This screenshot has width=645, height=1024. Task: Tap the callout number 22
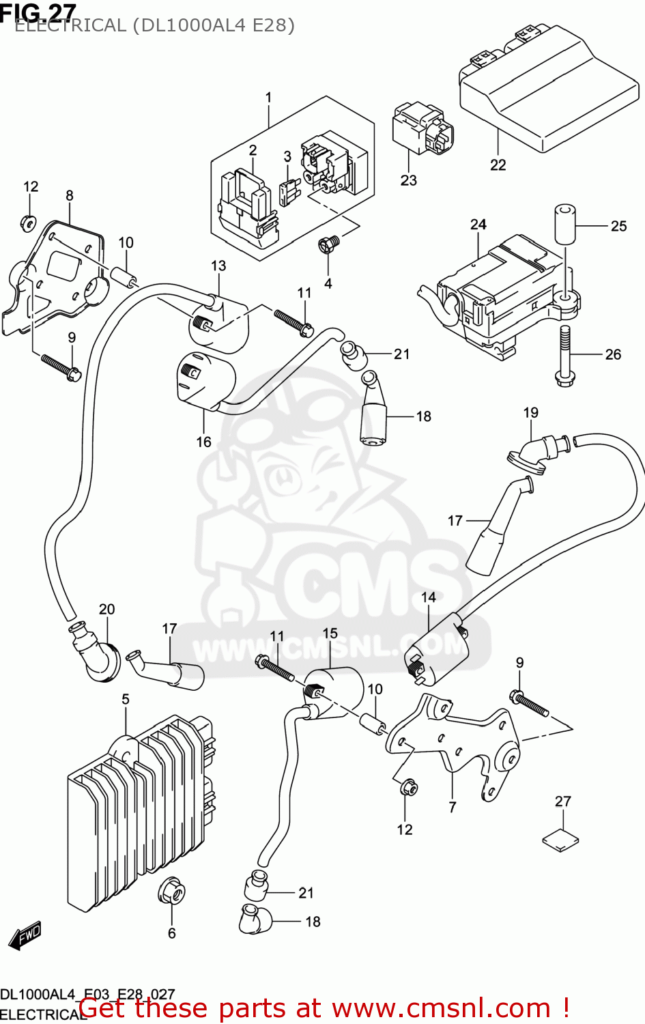[x=498, y=165]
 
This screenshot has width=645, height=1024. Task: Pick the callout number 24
[x=478, y=224]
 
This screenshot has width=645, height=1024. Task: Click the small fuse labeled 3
[x=289, y=193]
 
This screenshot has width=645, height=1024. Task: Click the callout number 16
[x=203, y=442]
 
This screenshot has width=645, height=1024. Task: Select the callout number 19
[x=531, y=412]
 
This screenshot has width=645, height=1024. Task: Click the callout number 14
[x=428, y=597]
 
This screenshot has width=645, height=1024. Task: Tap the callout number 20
[x=107, y=609]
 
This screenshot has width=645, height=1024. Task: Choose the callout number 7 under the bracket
[x=453, y=808]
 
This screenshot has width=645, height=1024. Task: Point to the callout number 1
[x=268, y=97]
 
